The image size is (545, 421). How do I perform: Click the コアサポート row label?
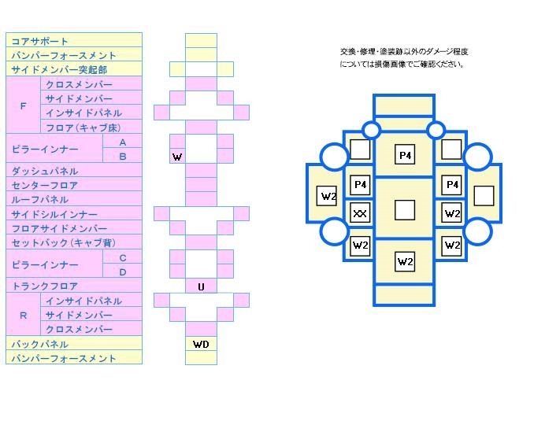[x=39, y=41]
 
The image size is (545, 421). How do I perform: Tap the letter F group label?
[x=23, y=105]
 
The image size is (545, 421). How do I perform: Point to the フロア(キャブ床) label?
[x=82, y=127]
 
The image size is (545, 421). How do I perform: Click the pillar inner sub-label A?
[x=122, y=142]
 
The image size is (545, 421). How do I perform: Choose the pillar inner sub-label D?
[x=122, y=272]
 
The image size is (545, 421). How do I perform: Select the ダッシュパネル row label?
[x=44, y=171]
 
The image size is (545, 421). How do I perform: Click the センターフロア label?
[x=44, y=186]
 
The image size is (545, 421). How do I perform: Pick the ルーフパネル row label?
[x=39, y=200]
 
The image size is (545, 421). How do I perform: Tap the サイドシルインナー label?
[x=54, y=214]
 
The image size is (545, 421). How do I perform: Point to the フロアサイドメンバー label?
[x=58, y=228]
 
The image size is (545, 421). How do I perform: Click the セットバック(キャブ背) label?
[x=63, y=243]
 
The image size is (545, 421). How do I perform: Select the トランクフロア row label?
[x=44, y=286]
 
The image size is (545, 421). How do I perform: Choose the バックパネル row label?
[x=39, y=344]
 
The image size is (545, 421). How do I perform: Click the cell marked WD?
[x=201, y=344]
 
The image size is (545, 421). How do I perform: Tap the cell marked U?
[x=201, y=286]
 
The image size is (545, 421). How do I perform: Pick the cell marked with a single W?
[x=177, y=157]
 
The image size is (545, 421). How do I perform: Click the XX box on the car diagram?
[x=360, y=213]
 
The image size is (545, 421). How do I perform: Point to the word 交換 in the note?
[x=348, y=51]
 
